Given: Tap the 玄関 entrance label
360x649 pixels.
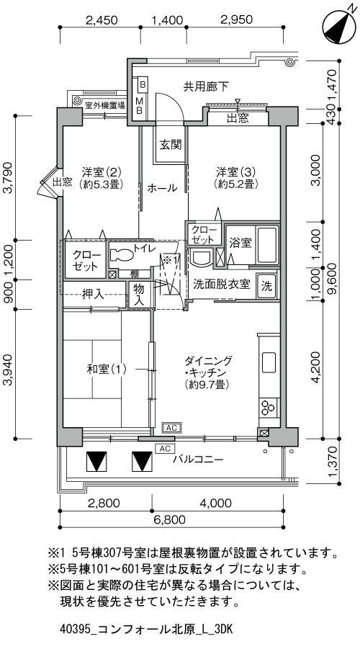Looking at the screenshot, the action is click(x=171, y=145).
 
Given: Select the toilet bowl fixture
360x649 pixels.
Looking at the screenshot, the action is click(x=122, y=254).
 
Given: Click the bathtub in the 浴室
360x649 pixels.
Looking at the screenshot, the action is click(x=267, y=245).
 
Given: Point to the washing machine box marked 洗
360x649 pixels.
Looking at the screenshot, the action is click(x=267, y=285).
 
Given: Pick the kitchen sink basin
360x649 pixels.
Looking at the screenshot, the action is click(x=269, y=363).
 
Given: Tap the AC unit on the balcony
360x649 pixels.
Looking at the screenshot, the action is click(x=165, y=448).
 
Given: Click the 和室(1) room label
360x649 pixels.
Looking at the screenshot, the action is click(x=107, y=369).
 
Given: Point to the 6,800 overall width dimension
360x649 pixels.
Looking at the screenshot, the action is click(x=171, y=520).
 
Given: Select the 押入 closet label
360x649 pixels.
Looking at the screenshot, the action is click(x=93, y=295).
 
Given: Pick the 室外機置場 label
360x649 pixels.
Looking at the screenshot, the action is click(x=104, y=106).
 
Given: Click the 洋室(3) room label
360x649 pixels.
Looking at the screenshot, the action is click(x=236, y=176).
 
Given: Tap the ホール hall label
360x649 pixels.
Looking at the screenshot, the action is click(x=162, y=188).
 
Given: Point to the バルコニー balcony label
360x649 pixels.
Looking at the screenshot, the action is click(x=198, y=460).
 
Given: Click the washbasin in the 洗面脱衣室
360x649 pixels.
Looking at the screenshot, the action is click(x=201, y=257).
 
